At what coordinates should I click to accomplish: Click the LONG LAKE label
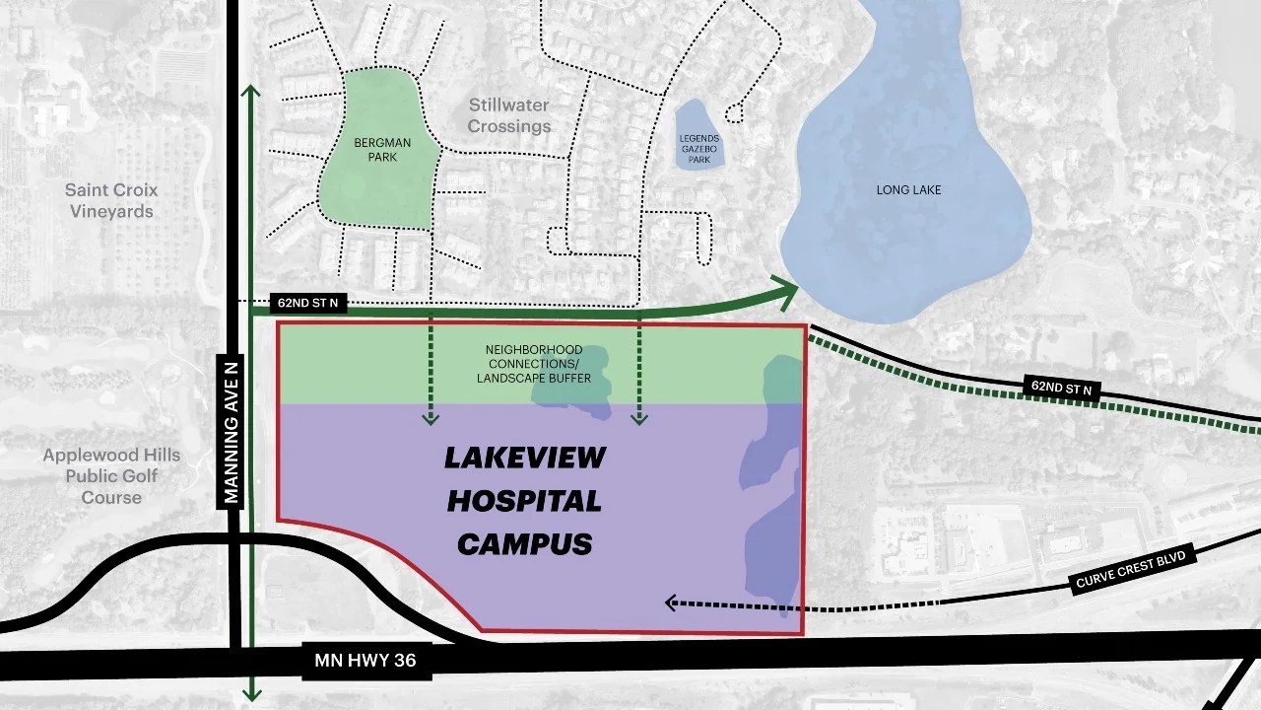pyautogui.click(x=908, y=189)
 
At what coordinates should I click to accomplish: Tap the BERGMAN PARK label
pyautogui.click(x=382, y=150)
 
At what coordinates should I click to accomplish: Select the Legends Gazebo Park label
pyautogui.click(x=699, y=148)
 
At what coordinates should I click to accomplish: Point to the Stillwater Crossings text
pyautogui.click(x=508, y=115)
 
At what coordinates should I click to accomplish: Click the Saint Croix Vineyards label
pyautogui.click(x=111, y=200)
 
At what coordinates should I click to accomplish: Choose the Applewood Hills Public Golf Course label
pyautogui.click(x=111, y=476)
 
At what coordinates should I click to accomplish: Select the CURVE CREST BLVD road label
pyautogui.click(x=1135, y=568)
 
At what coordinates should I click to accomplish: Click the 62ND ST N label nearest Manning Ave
pyautogui.click(x=308, y=303)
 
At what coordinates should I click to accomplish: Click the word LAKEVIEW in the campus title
pyautogui.click(x=524, y=458)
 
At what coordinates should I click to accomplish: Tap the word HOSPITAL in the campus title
pyautogui.click(x=524, y=501)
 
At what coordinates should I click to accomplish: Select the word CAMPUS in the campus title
pyautogui.click(x=524, y=543)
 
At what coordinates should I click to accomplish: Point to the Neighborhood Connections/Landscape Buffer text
pyautogui.click(x=533, y=364)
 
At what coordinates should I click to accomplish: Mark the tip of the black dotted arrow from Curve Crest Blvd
pyautogui.click(x=669, y=602)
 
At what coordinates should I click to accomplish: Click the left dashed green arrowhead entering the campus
pyautogui.click(x=431, y=419)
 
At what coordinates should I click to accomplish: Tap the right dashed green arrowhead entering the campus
pyautogui.click(x=639, y=419)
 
